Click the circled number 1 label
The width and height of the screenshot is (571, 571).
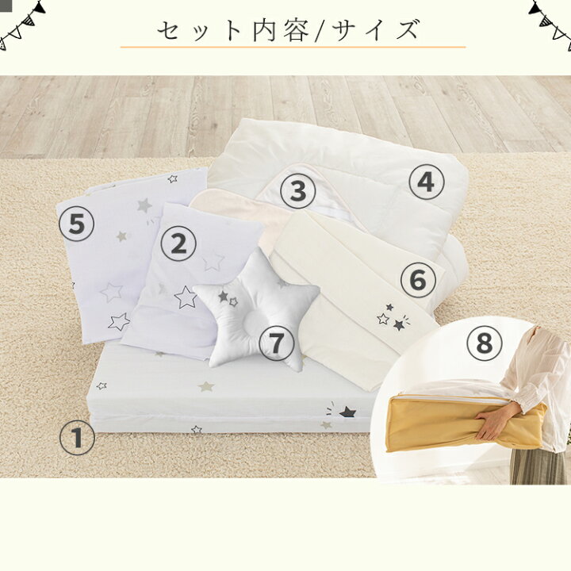[77, 437]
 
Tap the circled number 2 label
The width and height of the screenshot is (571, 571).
[178, 243]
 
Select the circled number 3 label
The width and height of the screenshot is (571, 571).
[298, 190]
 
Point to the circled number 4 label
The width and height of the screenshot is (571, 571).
[426, 182]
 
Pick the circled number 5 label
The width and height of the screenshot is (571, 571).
[76, 224]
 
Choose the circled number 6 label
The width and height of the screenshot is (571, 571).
[418, 280]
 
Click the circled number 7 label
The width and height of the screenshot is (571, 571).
[277, 343]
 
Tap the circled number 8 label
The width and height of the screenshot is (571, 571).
[485, 343]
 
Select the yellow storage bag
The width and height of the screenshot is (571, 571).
[467, 423]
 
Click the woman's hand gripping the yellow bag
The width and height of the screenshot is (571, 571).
[490, 423]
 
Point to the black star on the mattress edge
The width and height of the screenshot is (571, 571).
[347, 412]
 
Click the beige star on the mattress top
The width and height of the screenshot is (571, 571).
[206, 386]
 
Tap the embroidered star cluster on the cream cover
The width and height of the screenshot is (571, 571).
[393, 317]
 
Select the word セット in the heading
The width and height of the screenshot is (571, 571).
[199, 30]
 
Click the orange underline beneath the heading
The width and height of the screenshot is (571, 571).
[293, 47]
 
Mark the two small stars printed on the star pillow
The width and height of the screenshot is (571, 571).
[228, 298]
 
